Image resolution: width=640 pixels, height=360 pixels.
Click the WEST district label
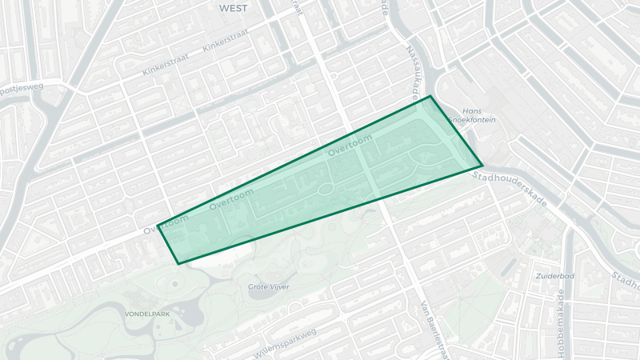coord(232,8)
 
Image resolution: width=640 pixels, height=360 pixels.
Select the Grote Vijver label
coord(269,286)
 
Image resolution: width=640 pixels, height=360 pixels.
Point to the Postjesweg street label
coord(22,87)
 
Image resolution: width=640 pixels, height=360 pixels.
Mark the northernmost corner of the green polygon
coord(431,97)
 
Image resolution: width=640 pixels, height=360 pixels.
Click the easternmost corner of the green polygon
coord(482,167)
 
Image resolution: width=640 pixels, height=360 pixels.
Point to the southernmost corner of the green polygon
coord(178,263)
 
